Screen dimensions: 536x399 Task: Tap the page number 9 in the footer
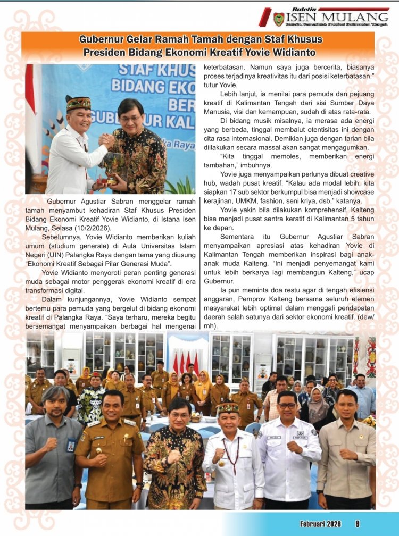(358, 524)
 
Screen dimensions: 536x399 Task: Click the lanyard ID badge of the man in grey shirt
(70, 445)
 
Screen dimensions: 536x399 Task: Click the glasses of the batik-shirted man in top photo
(131, 118)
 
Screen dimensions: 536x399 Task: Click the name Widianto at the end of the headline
(294, 53)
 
